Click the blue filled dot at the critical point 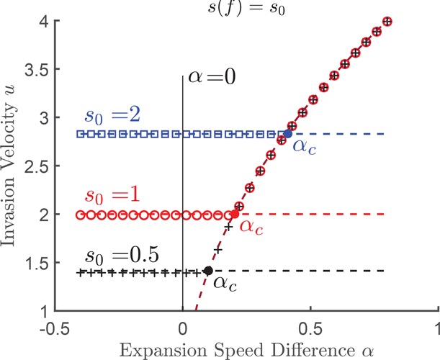(x=288, y=133)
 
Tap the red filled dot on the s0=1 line (x=235, y=215)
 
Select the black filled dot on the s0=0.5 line (x=208, y=271)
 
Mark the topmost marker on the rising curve (x=387, y=22)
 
